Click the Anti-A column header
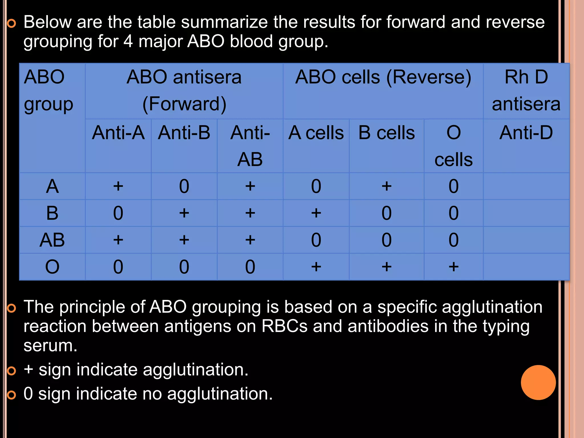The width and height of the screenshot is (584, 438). tap(118, 133)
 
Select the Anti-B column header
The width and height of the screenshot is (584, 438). tap(184, 133)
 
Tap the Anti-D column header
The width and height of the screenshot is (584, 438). tap(526, 133)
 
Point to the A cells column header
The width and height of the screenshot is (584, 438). tap(316, 133)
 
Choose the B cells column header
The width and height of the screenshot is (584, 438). tap(386, 133)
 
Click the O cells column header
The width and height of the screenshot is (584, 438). tap(453, 146)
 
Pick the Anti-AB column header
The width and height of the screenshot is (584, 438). tap(250, 146)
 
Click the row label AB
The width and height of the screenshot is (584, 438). tap(52, 240)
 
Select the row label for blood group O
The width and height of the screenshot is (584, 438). tap(52, 267)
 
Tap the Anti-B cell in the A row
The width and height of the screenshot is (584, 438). tap(184, 186)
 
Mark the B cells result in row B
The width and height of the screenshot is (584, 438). tap(386, 213)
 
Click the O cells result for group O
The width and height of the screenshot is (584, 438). tap(453, 267)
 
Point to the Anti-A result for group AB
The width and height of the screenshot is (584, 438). tap(118, 240)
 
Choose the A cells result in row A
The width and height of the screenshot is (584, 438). tap(316, 186)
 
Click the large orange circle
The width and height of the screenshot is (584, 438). tap(538, 382)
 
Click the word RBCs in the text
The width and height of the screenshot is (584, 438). tap(284, 327)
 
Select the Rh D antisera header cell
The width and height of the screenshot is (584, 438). tap(526, 90)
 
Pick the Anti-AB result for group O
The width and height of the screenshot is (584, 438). tap(250, 267)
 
